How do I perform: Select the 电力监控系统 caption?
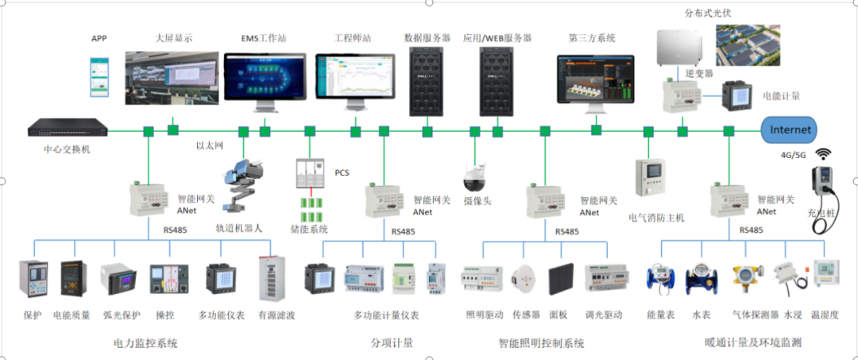tap(146, 343)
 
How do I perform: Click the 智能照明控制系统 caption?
tap(541, 343)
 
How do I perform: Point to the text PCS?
tap(342, 172)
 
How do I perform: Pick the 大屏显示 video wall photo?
tap(172, 78)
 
